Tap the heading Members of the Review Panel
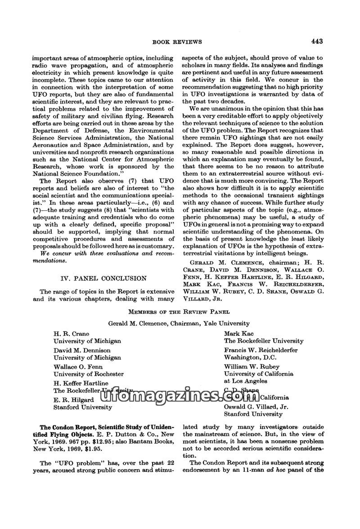click(179, 312)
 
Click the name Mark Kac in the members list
click(239, 334)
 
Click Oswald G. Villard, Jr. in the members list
click(256, 407)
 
